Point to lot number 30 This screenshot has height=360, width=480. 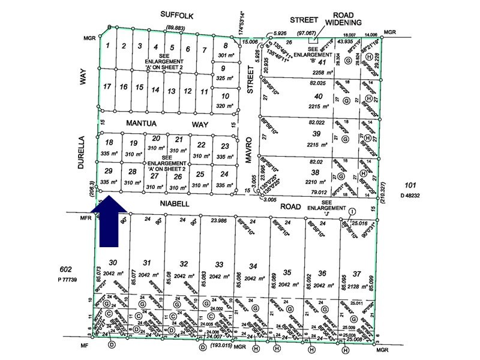pyautogui.click(x=113, y=262)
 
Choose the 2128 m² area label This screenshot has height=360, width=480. pyautogui.click(x=358, y=275)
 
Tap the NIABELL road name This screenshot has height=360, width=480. pyautogui.click(x=175, y=204)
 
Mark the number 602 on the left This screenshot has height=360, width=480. pyautogui.click(x=66, y=269)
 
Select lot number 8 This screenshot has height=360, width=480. pyautogui.click(x=226, y=46)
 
